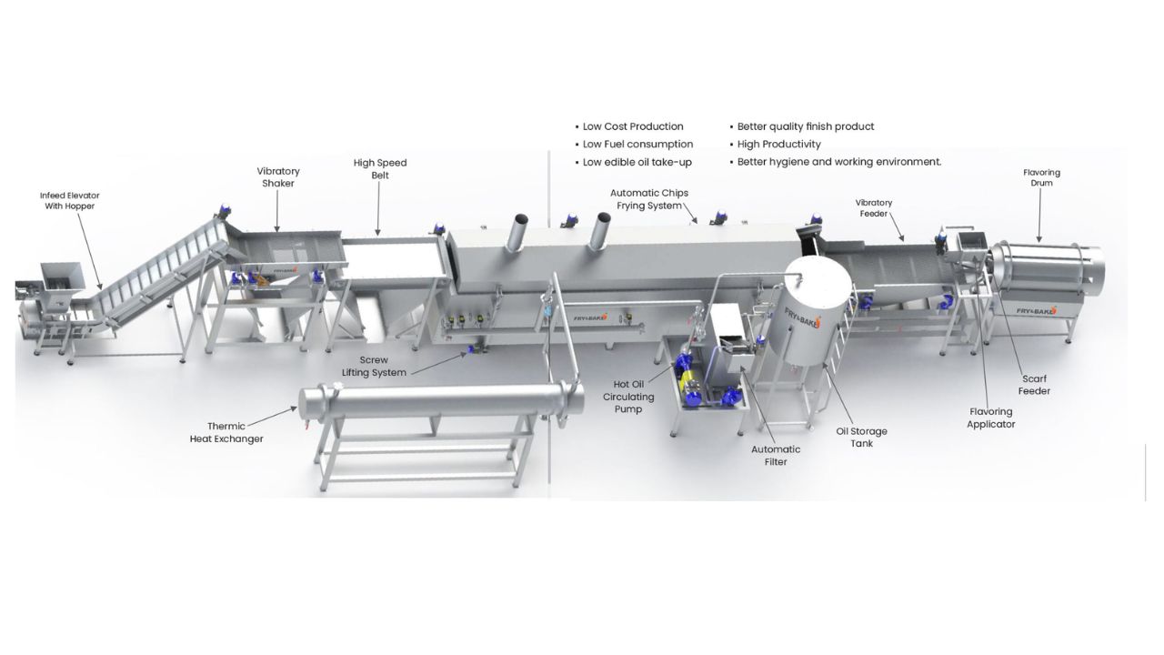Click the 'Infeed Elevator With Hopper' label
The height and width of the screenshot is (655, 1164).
point(70,201)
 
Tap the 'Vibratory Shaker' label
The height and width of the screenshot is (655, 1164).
point(278,177)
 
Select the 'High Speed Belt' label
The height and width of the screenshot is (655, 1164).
point(380,169)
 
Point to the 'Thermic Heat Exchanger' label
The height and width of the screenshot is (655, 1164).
point(226,432)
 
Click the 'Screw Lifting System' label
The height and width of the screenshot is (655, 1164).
point(374,366)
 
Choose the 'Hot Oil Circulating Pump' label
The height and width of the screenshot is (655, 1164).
point(628,397)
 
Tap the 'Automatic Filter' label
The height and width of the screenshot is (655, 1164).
point(776,456)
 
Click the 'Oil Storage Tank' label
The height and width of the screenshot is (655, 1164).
point(861,438)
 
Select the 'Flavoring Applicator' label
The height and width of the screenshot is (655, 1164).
point(990,418)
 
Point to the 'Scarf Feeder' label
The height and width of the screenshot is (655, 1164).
point(1034,385)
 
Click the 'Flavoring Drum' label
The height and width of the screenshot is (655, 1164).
point(1041,177)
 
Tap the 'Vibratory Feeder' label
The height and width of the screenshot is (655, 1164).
point(874,208)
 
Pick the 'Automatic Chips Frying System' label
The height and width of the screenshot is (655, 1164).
point(649,199)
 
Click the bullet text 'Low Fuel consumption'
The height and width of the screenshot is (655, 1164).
point(637,144)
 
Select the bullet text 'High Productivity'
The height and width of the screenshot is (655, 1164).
point(779,144)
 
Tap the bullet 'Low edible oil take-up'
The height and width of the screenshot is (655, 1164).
point(637,162)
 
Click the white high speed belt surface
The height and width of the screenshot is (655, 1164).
point(394,259)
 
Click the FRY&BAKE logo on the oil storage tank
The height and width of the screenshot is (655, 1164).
point(803,316)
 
